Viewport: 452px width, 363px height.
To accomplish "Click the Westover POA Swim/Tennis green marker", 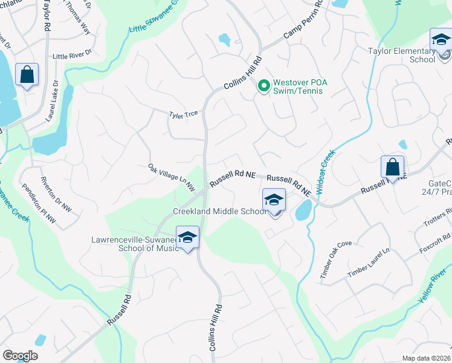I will (263, 86).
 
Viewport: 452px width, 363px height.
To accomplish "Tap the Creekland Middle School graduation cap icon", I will (274, 200).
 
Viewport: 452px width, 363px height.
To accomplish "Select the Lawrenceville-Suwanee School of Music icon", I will (187, 237).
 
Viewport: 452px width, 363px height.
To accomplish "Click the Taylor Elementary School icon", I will (441, 41).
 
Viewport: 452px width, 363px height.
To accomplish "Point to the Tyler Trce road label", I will (184, 114).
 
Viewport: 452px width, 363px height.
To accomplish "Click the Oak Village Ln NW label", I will (172, 177).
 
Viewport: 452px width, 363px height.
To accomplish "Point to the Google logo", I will (20, 356).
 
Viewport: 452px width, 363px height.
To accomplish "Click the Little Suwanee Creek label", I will (155, 16).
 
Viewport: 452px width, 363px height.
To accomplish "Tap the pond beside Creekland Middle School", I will (304, 210).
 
